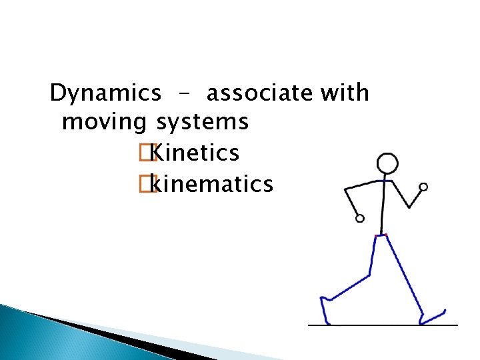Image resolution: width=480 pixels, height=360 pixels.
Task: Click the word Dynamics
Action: pos(105,93)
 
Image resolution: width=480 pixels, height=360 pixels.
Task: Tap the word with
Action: pos(344,93)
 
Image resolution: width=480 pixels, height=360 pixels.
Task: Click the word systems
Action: pos(203,123)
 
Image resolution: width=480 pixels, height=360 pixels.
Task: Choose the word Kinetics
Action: pos(195,153)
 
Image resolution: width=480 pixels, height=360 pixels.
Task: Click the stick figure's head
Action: pos(387,163)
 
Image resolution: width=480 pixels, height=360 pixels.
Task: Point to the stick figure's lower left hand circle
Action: pos(360,218)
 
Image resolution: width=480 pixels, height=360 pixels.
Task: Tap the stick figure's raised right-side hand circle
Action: pos(423,187)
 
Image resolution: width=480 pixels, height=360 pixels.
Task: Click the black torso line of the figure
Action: pos(383,207)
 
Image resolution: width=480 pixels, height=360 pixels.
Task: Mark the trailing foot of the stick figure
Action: pos(326,310)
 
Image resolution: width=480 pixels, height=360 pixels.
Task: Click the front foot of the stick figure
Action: pos(432,316)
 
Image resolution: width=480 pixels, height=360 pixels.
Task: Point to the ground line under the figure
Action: pos(383,325)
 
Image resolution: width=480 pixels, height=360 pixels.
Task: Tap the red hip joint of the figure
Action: pos(381,235)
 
